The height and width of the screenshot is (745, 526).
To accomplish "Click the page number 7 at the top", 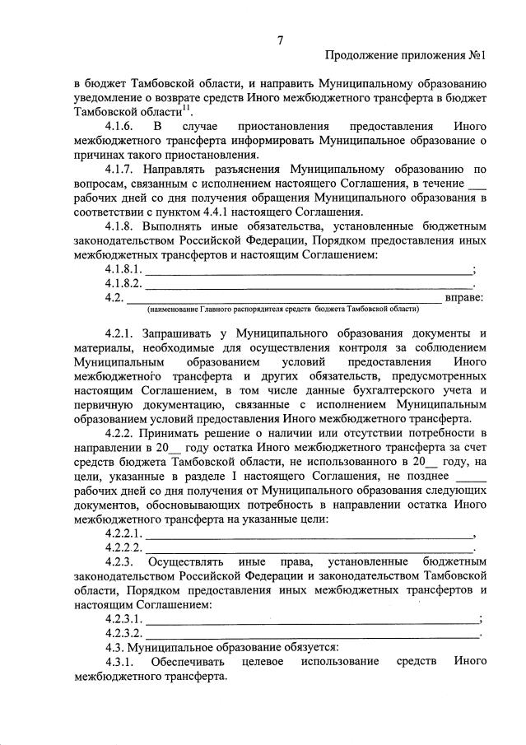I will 280,40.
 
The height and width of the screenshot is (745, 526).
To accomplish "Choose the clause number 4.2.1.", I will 121,333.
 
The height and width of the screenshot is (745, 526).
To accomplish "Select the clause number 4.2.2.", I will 121,432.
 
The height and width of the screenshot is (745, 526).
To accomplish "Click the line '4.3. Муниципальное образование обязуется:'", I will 222,648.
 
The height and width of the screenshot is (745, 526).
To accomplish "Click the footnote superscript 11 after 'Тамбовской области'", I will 186,107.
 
